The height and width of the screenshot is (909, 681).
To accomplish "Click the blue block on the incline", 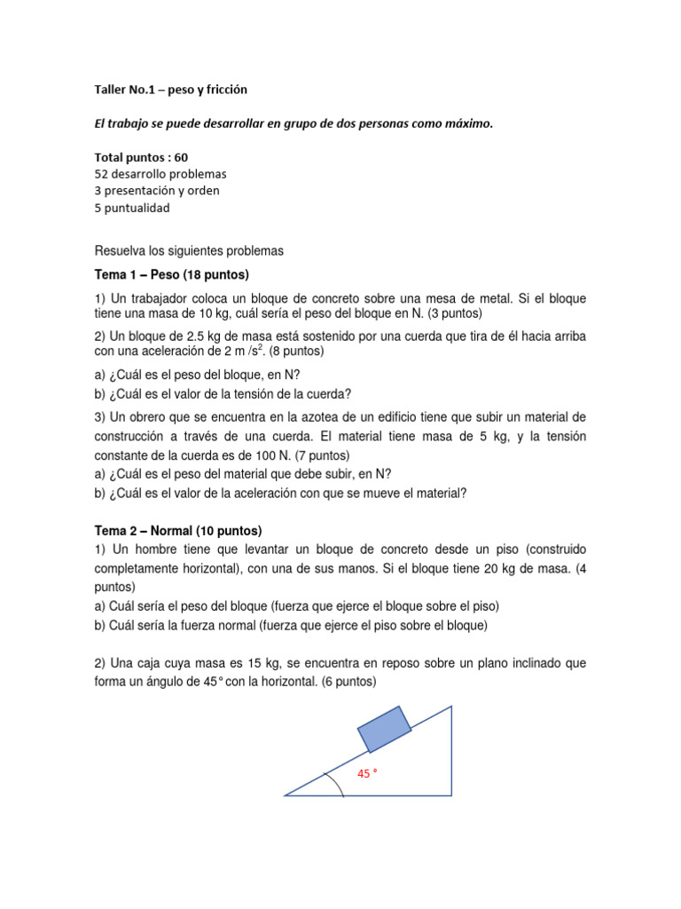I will (x=385, y=728).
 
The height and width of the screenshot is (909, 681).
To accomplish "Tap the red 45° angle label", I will (x=366, y=774).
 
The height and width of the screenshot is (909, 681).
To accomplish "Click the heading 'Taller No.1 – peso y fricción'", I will (x=171, y=90).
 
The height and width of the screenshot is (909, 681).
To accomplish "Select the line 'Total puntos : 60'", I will (x=141, y=156).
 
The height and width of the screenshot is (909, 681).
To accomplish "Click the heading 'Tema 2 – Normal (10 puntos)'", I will (x=178, y=531).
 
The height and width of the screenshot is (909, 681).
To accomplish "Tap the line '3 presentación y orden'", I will (x=157, y=190).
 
